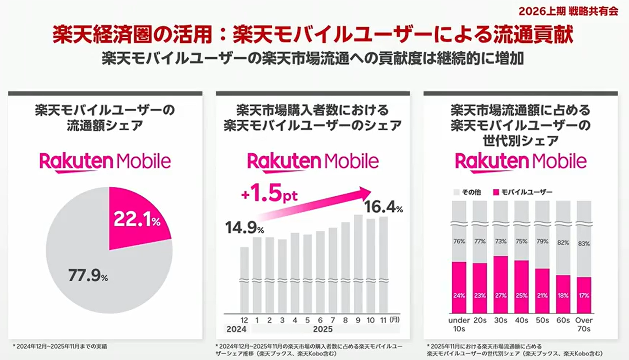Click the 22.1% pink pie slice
click(134, 219)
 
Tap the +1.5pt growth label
click(269, 195)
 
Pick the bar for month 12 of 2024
click(244, 279)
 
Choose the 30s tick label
click(501, 321)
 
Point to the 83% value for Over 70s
click(584, 243)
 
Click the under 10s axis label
click(459, 324)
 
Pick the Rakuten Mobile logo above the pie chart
click(105, 162)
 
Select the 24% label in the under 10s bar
click(459, 295)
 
